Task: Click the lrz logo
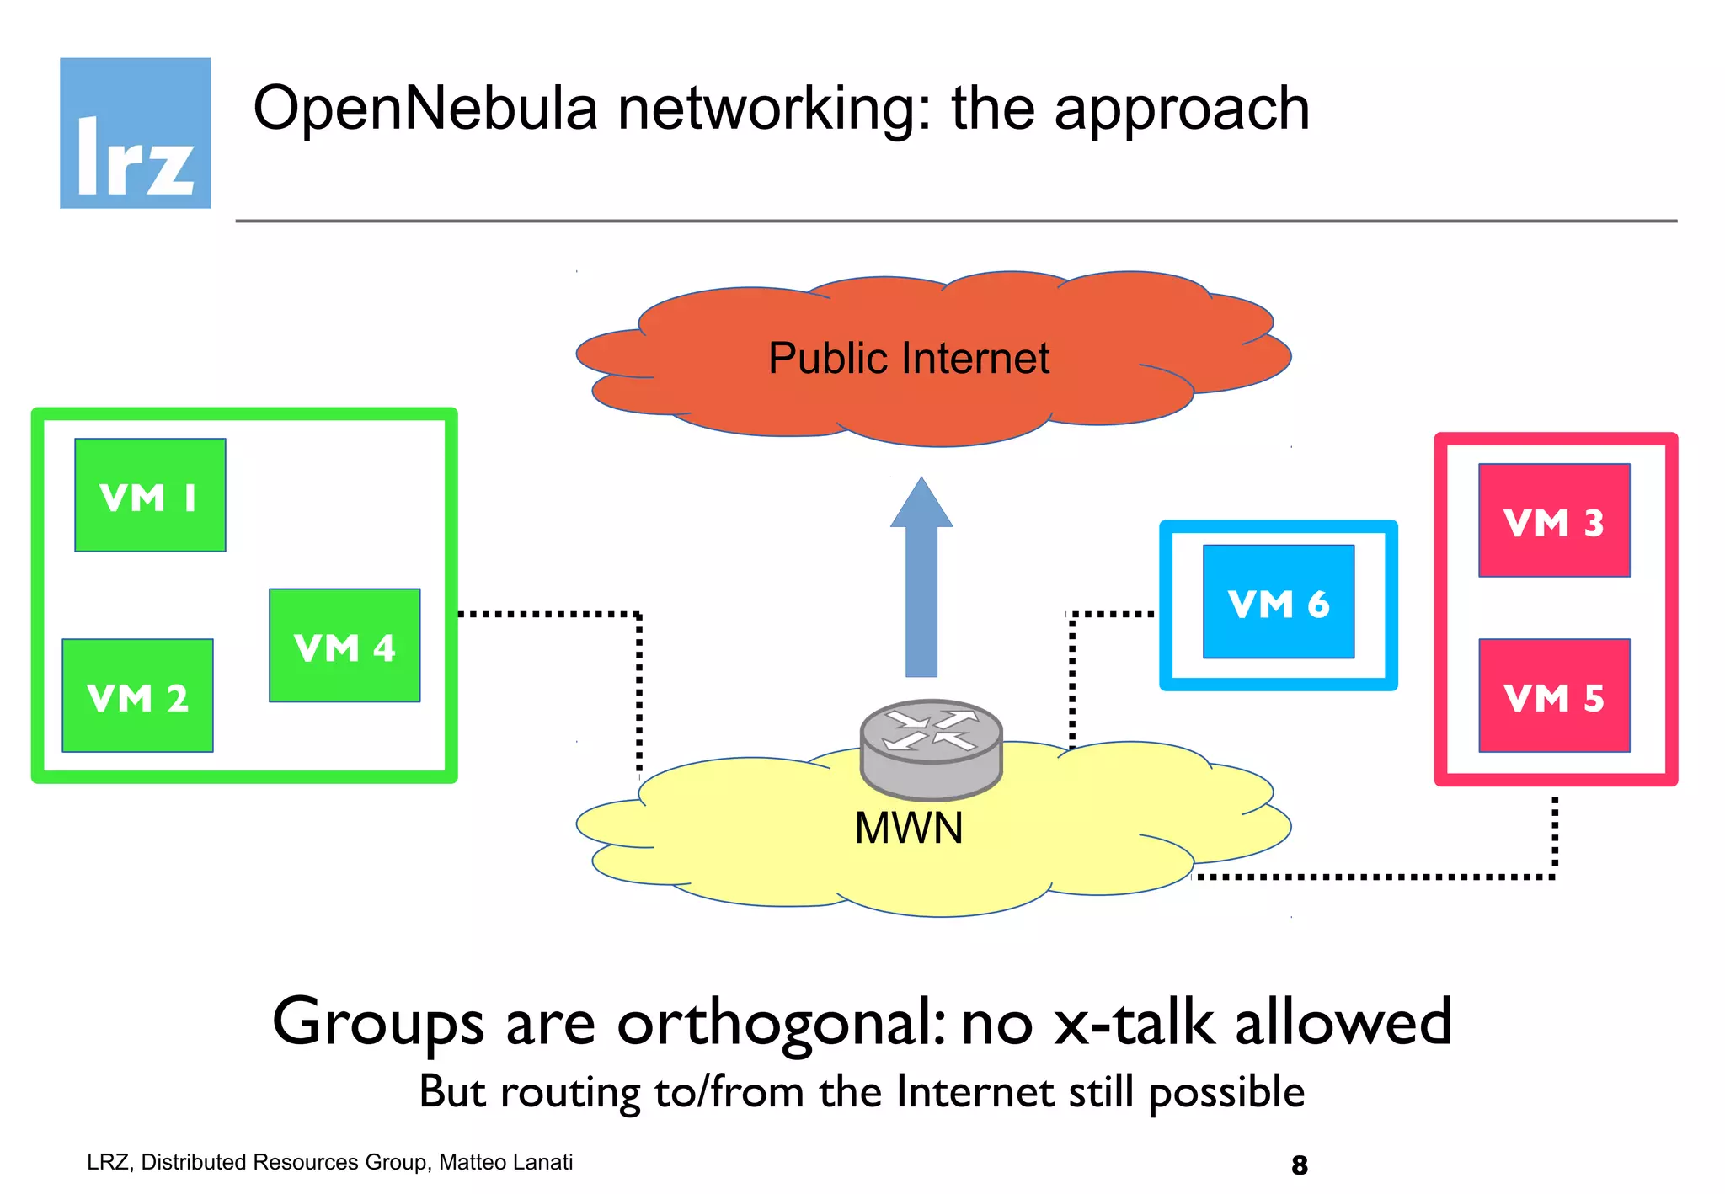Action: (x=135, y=133)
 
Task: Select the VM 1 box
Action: (x=150, y=495)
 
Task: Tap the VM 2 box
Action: (x=137, y=696)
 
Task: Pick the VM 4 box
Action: (x=344, y=646)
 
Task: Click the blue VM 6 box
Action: (x=1278, y=601)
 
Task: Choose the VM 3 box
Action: (x=1554, y=520)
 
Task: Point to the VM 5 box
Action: (x=1554, y=696)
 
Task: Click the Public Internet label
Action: (x=908, y=359)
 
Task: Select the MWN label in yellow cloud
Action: (x=908, y=828)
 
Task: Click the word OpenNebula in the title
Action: (x=425, y=109)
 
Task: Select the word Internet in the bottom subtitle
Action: (x=974, y=1092)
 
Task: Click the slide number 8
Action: (x=1299, y=1165)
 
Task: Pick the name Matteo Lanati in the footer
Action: (x=505, y=1162)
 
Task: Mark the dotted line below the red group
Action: (x=1381, y=877)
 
